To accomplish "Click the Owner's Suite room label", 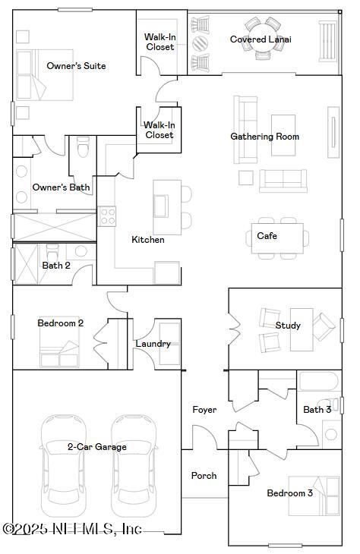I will tap(76, 66).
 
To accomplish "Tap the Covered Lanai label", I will tap(261, 39).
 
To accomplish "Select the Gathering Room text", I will tap(264, 137).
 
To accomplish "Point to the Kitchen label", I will tap(148, 240).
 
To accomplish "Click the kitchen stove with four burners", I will tap(107, 217).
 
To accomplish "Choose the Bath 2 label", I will tap(56, 266).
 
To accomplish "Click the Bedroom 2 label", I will tap(61, 323).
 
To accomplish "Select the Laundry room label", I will tap(153, 344).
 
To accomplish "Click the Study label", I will tap(288, 326).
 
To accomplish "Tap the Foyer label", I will tap(204, 410).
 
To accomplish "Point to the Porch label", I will tap(204, 476).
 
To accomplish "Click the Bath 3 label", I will tap(317, 410).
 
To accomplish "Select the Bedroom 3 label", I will tap(289, 493).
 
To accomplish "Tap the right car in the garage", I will tap(134, 463).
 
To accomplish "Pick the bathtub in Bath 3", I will tap(318, 382).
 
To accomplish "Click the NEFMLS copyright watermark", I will tap(72, 529).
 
